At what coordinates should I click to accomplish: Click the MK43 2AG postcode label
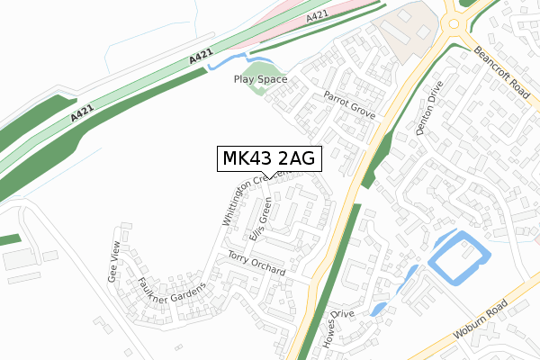tap(269, 158)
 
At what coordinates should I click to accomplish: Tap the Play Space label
tap(260, 79)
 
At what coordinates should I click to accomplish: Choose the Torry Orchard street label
tap(256, 265)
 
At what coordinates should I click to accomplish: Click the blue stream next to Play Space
tap(221, 62)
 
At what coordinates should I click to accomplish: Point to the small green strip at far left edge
tap(9, 240)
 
